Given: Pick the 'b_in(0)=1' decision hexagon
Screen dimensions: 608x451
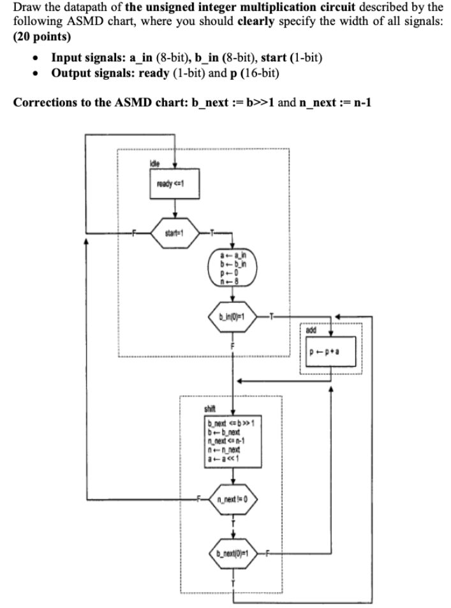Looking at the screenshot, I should [x=232, y=316].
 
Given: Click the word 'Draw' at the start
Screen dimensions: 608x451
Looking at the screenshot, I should [x=27, y=8].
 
